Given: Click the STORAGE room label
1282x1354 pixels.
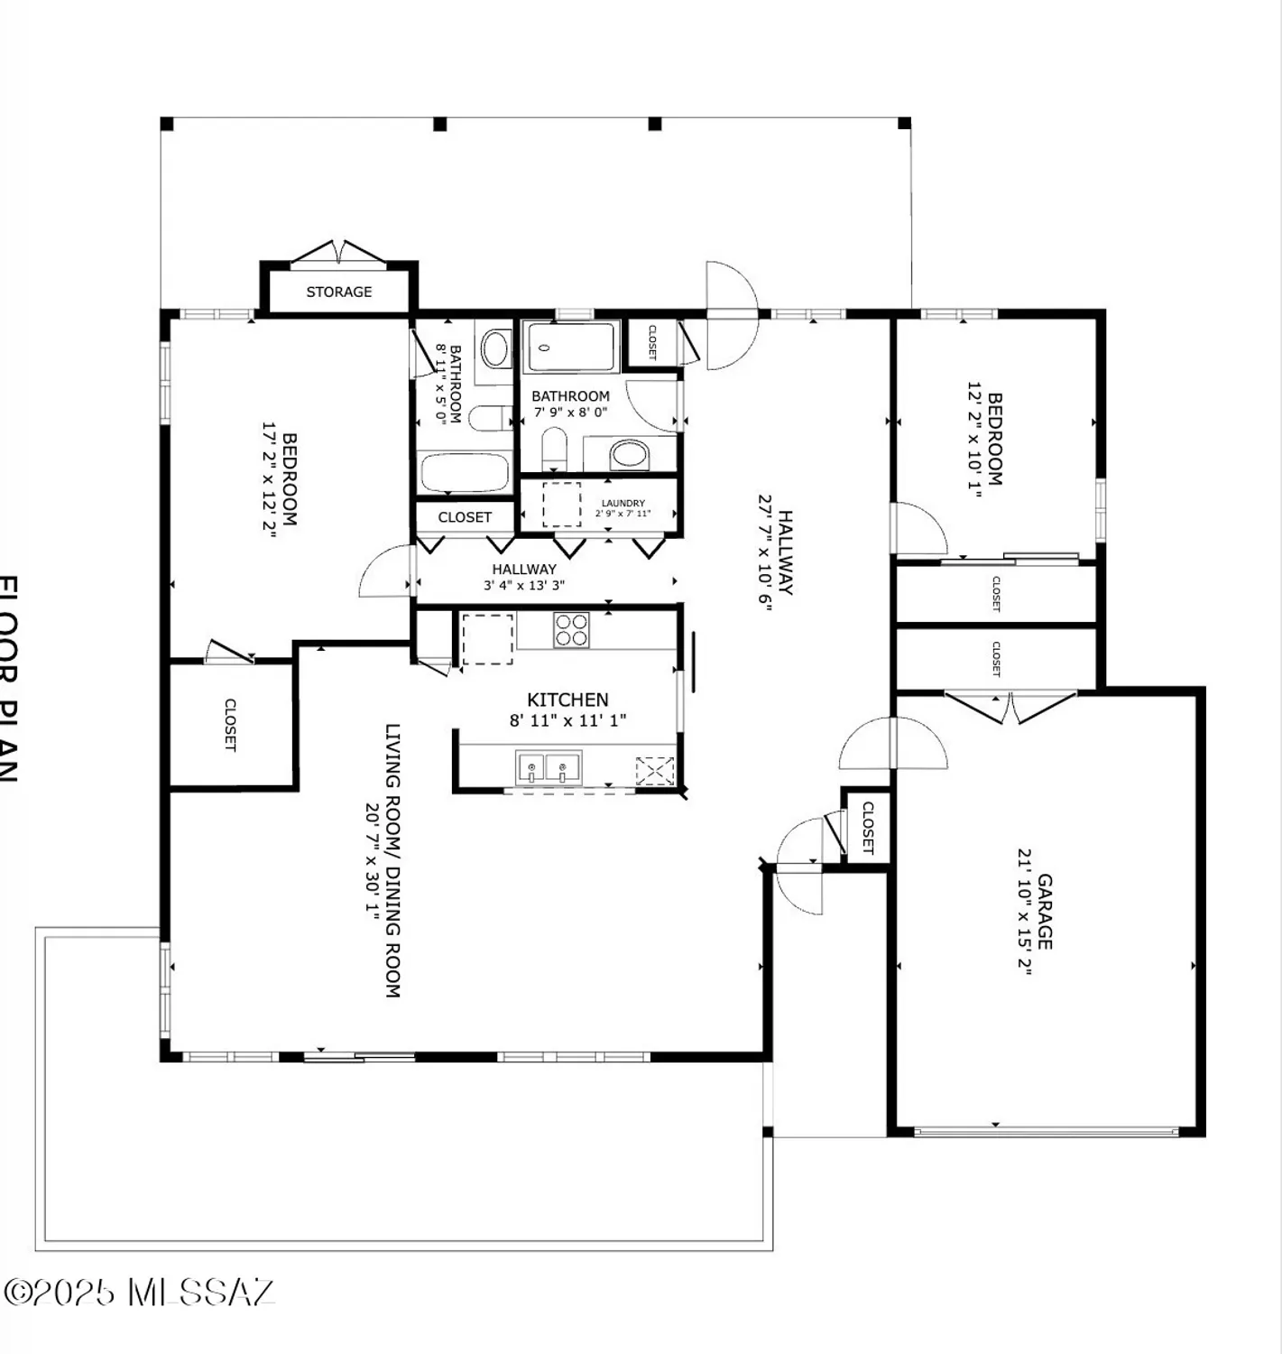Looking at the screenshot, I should tap(338, 292).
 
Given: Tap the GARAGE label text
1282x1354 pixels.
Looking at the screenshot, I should tap(1045, 911).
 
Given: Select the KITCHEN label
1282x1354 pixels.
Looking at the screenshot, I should tap(567, 700).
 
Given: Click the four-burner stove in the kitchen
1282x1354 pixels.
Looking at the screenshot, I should tap(571, 629).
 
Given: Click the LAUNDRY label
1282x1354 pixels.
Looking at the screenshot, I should tap(623, 503).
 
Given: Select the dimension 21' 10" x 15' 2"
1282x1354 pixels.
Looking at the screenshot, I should tap(1024, 911).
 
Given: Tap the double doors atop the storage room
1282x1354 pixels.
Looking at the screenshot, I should tap(338, 252).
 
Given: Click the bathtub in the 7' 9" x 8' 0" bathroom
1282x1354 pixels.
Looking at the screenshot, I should tap(570, 346).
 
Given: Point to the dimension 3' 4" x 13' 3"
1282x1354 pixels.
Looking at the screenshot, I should tap(524, 585).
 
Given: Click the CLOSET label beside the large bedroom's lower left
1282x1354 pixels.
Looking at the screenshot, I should tap(230, 724).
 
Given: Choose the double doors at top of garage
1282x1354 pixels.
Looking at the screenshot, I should tap(1010, 706).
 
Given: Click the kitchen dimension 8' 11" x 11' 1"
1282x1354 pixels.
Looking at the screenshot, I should tap(567, 720).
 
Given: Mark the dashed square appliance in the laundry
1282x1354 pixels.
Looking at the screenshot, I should tap(561, 505).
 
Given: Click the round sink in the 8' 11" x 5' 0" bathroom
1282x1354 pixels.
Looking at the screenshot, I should tap(493, 348).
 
